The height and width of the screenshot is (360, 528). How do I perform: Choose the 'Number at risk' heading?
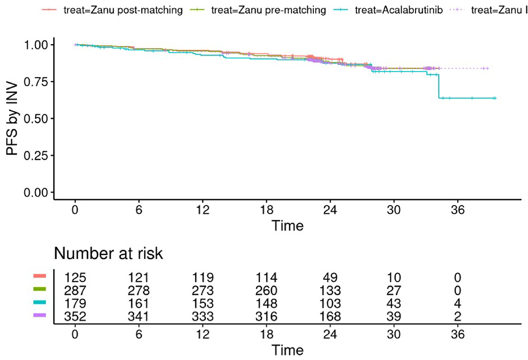point(108,254)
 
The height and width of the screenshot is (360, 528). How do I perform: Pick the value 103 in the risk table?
point(330,303)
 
